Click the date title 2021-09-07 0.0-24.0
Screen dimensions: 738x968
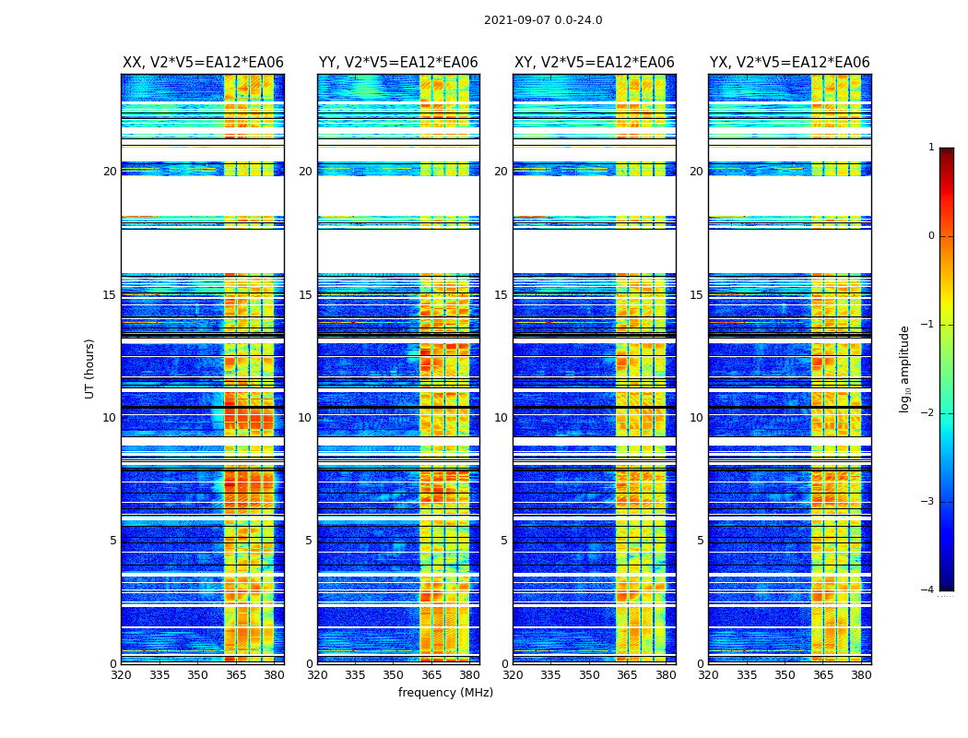coord(543,20)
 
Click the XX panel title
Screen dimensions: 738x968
coord(203,63)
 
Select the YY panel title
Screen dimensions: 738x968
coord(398,63)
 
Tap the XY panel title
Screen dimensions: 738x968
coord(595,63)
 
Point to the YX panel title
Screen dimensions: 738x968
coord(790,63)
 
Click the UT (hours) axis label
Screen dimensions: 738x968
coord(90,368)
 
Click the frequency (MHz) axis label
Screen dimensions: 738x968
coord(445,693)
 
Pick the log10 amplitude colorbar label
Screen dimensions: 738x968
coord(905,368)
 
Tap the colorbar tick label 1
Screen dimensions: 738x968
coord(931,148)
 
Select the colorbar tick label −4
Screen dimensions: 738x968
coord(928,590)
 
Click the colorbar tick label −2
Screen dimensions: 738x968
coord(928,413)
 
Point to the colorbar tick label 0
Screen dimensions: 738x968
coord(931,236)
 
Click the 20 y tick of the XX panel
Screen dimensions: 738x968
coord(110,172)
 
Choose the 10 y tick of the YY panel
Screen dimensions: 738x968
coord(305,418)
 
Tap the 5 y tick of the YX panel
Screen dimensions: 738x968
coord(701,541)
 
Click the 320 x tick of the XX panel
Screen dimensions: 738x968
coord(121,674)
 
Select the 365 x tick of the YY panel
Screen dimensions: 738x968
coord(431,674)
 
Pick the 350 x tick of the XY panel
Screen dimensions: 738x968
coord(589,674)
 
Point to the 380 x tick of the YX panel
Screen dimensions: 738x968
coord(861,674)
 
